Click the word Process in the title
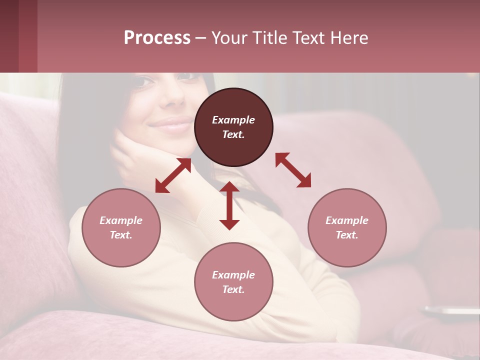coord(157,37)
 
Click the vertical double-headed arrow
coord(229,205)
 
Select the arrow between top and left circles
coord(173,175)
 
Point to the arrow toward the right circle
coord(293,170)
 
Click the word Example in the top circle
coord(233,120)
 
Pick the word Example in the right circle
coord(347,220)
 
